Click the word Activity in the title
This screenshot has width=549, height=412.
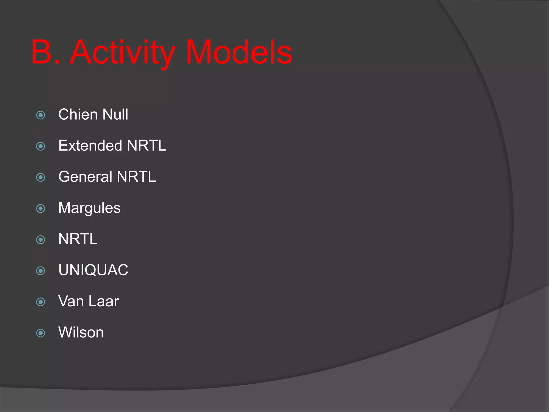123,52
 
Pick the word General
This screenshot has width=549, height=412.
85,177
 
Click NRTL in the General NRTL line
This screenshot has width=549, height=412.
136,177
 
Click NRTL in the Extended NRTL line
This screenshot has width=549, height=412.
146,146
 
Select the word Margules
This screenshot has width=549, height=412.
90,208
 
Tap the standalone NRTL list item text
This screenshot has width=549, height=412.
78,239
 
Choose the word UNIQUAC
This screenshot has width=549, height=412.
93,270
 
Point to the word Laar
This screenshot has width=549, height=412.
103,301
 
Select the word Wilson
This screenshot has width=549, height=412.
81,332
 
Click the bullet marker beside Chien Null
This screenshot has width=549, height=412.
41,115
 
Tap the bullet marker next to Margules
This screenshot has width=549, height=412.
41,209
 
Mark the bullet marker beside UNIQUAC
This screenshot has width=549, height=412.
41,271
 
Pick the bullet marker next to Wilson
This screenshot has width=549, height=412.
41,333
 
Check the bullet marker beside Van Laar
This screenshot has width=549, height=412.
41,302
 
